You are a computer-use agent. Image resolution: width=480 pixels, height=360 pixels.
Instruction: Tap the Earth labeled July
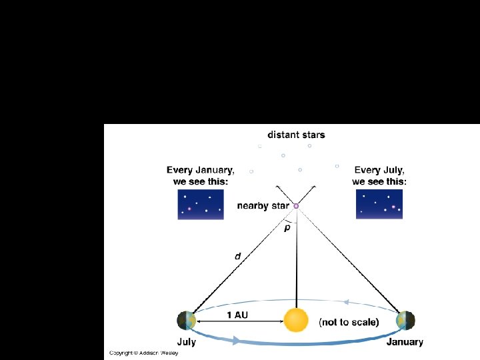click(x=187, y=320)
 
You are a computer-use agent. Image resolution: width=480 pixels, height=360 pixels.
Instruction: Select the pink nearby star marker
click(x=296, y=206)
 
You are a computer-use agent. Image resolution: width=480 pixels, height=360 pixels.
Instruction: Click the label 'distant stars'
click(x=296, y=135)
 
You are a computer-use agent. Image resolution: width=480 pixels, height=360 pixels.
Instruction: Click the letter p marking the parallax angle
click(x=287, y=229)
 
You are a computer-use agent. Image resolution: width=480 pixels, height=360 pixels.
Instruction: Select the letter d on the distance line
click(x=237, y=257)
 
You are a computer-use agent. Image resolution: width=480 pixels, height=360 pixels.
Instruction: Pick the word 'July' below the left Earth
click(x=187, y=342)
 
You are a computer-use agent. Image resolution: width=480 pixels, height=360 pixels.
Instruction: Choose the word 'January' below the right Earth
click(x=405, y=342)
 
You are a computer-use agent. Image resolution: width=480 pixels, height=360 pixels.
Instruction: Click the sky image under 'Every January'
click(x=201, y=204)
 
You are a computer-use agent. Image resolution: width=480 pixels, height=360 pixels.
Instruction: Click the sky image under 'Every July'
click(x=379, y=204)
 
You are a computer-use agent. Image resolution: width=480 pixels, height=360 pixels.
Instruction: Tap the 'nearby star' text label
click(x=263, y=206)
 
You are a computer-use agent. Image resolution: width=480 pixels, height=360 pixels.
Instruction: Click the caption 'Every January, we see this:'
click(x=201, y=175)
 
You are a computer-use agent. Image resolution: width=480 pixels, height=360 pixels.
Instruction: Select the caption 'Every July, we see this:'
click(x=379, y=175)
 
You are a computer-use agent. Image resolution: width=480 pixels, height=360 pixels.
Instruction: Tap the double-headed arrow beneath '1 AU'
click(x=239, y=322)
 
